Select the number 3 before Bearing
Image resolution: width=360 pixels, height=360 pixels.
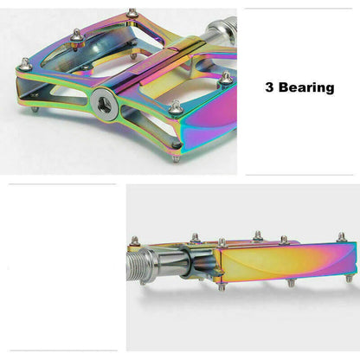tap(271, 87)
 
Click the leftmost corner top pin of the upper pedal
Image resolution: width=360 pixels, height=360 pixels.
tap(25, 62)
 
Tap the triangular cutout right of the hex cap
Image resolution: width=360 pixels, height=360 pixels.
tap(138, 112)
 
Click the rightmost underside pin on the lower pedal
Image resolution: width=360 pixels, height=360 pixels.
tap(349, 278)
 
